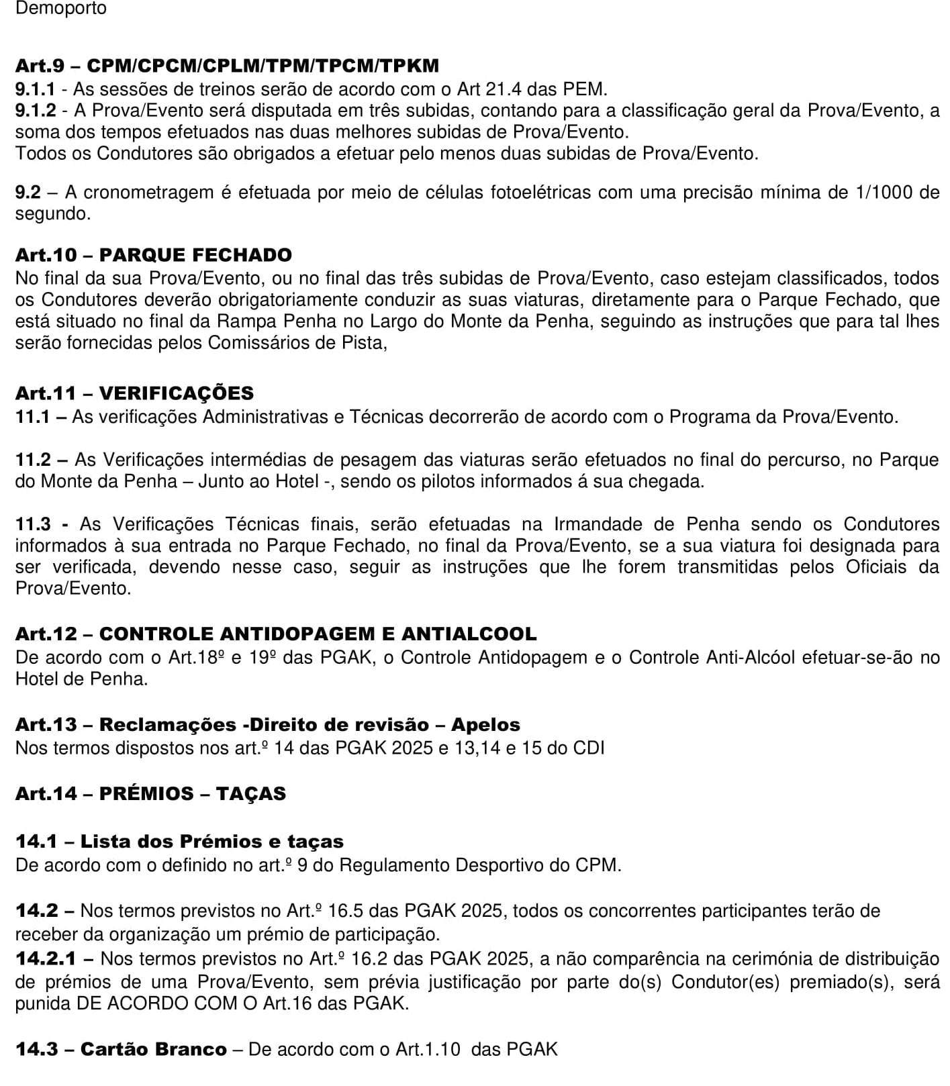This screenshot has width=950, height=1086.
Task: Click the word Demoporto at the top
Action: point(60,9)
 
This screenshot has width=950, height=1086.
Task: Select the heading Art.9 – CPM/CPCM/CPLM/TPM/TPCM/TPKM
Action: point(227,66)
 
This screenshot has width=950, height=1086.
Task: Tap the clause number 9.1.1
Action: point(40,89)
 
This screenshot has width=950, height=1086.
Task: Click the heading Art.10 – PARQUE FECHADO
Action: point(154,255)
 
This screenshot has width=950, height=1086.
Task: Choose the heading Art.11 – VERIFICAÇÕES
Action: point(134,393)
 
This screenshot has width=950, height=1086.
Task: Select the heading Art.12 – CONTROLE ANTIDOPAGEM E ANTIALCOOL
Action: point(276,634)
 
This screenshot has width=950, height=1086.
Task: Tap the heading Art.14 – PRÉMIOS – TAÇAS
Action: point(150,793)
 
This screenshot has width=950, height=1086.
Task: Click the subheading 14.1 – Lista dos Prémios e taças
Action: point(179,842)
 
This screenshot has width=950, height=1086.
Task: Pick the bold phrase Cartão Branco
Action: point(153,1049)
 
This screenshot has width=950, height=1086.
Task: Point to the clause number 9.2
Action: point(28,193)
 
